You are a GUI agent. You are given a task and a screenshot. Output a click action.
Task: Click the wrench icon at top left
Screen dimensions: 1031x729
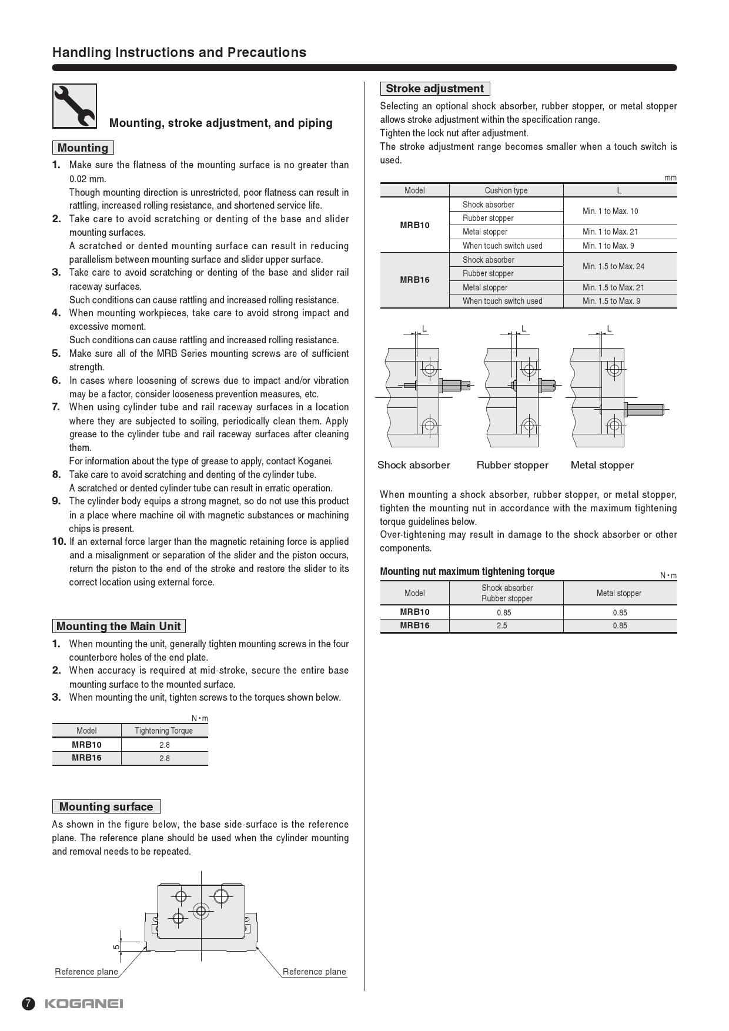coord(75,106)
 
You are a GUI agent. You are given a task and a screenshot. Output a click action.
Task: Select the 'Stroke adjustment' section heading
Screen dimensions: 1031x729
coord(434,89)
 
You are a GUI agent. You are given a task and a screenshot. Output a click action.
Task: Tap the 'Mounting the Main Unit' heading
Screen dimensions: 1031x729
coord(119,626)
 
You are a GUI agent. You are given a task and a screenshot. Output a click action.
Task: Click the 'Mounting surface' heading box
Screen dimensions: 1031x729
coord(106,806)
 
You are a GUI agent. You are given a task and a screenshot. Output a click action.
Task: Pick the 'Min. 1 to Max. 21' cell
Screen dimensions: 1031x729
coord(610,232)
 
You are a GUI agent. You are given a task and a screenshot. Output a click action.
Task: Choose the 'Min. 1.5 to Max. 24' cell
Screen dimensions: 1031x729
coord(613,266)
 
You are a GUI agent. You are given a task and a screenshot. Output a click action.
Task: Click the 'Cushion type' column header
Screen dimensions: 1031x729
coord(506,190)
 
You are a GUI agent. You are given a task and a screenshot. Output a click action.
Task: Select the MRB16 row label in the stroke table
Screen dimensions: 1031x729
coord(414,280)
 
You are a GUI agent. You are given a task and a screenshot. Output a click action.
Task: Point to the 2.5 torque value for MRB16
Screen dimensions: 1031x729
coord(501,625)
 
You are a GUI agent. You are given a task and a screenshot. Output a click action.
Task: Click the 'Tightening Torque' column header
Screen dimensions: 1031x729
coord(163,731)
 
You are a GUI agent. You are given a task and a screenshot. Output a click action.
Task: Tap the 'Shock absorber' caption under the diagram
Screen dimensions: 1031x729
coord(414,465)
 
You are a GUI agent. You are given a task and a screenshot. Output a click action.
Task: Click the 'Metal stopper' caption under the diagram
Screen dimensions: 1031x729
coord(602,465)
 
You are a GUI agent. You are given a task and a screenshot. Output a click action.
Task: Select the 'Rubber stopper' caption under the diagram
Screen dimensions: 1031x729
coord(512,465)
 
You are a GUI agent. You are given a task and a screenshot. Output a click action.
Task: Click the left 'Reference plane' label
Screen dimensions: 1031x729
coord(86,972)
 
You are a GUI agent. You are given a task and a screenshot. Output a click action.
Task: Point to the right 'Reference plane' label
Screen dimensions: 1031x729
coord(314,972)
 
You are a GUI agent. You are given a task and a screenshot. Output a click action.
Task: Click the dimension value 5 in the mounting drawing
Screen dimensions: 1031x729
coord(116,946)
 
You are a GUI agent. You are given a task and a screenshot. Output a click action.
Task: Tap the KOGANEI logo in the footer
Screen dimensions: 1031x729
coord(84,1003)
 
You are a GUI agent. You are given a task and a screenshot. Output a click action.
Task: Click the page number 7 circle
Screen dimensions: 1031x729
coord(29,1003)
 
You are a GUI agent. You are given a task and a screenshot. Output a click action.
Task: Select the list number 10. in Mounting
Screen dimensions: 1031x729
coord(59,541)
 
